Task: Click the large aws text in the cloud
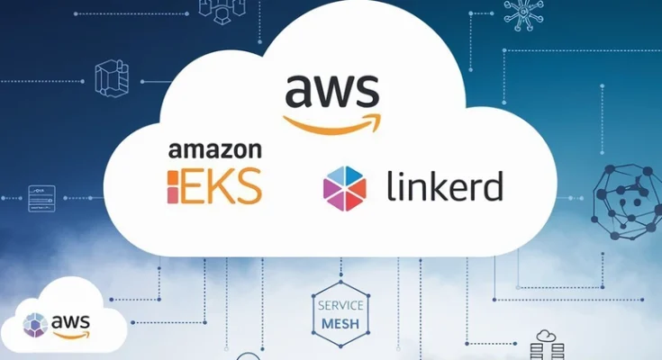[x=332, y=91]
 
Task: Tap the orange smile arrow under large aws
[x=332, y=125]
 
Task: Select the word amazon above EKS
[x=215, y=150]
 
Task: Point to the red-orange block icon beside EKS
[x=173, y=186]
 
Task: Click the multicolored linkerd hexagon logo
[x=344, y=188]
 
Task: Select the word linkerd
[x=445, y=185]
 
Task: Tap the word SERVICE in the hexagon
[x=340, y=305]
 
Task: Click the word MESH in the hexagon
[x=340, y=324]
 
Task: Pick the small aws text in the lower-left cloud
[x=70, y=322]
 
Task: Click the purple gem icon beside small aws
[x=35, y=325]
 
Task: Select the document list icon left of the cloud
[x=41, y=198]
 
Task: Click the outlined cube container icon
[x=112, y=78]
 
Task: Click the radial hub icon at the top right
[x=523, y=14]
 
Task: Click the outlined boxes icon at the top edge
[x=222, y=12]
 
